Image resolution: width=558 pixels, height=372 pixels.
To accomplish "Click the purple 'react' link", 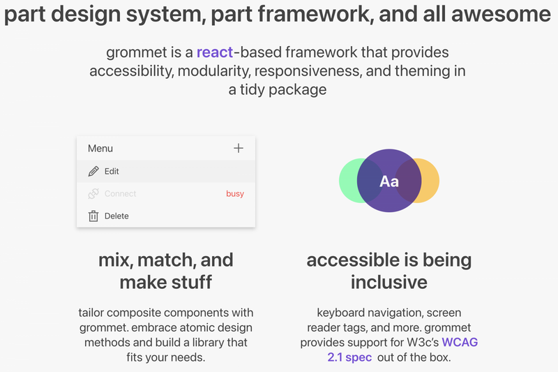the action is click(x=215, y=52).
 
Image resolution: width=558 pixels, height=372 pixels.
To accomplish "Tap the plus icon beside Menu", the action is click(x=239, y=148).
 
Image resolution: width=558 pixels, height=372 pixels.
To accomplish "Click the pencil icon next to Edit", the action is click(x=93, y=171).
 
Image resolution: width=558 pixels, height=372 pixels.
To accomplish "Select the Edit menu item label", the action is click(x=112, y=171).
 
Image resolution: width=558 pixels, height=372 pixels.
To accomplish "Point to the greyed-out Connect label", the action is click(x=120, y=193).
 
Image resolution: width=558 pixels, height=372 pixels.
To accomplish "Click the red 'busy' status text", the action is click(x=235, y=193).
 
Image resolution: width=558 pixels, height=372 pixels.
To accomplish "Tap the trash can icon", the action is click(x=93, y=216).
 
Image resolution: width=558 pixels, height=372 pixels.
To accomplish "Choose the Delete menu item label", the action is click(x=116, y=216).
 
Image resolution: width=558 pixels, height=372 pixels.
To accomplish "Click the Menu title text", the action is click(x=100, y=149).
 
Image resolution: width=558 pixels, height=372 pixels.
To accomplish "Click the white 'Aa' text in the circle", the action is click(x=389, y=181).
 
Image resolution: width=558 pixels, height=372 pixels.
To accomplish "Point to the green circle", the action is click(x=347, y=181).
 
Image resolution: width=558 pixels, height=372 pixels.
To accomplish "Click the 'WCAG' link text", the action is click(x=460, y=342).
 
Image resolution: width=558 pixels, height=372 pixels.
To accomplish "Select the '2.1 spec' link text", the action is click(x=349, y=357).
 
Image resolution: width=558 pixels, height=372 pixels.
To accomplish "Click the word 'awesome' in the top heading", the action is click(x=501, y=14).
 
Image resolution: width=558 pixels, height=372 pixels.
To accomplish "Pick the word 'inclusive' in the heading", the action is click(x=389, y=282).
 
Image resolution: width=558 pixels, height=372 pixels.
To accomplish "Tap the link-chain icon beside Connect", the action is click(x=93, y=193).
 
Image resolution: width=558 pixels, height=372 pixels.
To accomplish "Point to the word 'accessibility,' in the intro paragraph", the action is click(x=131, y=71).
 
